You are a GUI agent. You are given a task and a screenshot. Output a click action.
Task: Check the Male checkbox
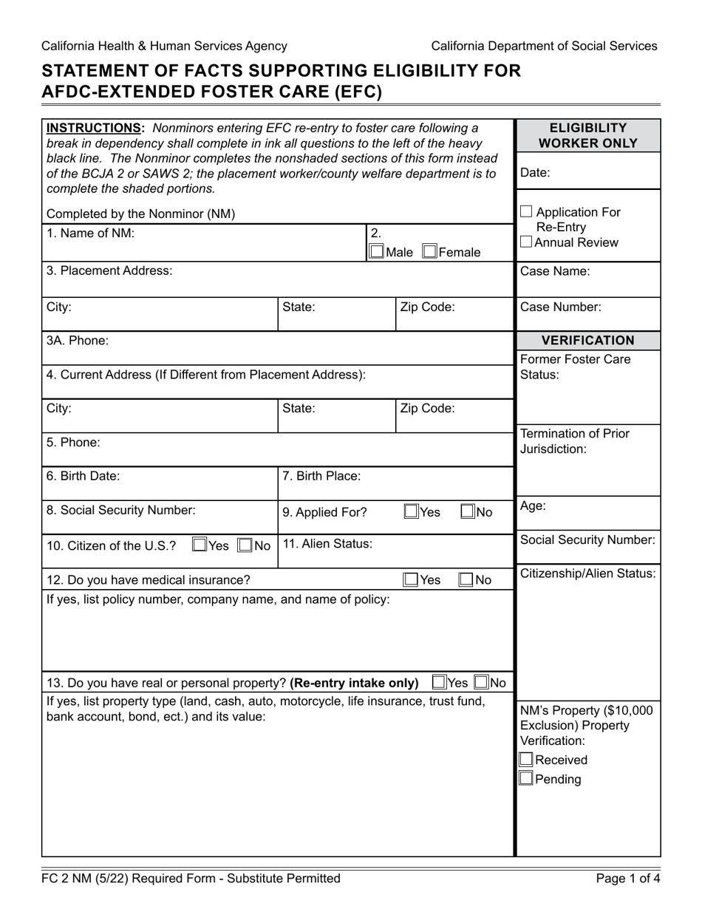(377, 252)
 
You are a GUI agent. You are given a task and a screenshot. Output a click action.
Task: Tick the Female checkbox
(429, 252)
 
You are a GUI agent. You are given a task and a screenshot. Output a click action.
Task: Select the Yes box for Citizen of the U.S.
(200, 545)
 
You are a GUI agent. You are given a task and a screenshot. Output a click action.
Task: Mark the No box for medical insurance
(466, 580)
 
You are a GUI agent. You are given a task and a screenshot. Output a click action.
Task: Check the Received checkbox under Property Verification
(526, 760)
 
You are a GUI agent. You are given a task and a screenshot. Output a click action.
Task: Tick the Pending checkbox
(526, 778)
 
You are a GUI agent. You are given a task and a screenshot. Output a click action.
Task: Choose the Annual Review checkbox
(526, 242)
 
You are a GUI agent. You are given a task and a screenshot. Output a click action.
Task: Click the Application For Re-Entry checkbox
(527, 212)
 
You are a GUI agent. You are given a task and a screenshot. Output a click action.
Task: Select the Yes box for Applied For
(411, 511)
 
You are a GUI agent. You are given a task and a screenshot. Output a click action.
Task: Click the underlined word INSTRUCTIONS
(95, 128)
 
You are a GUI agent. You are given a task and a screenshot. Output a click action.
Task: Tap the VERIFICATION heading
(587, 341)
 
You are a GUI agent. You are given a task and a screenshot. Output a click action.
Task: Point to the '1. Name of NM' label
(90, 234)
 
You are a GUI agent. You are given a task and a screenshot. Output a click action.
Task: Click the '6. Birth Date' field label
(83, 476)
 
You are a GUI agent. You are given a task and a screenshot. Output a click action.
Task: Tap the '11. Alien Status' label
(327, 544)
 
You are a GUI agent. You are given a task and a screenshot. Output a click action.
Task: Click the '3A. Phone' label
(77, 341)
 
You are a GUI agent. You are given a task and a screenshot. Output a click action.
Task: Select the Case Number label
(561, 307)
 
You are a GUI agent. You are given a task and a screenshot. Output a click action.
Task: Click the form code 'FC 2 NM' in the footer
(69, 879)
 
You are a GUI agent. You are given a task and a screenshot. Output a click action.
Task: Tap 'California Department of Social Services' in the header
(544, 46)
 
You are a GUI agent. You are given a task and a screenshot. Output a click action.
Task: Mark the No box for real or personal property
(481, 682)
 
